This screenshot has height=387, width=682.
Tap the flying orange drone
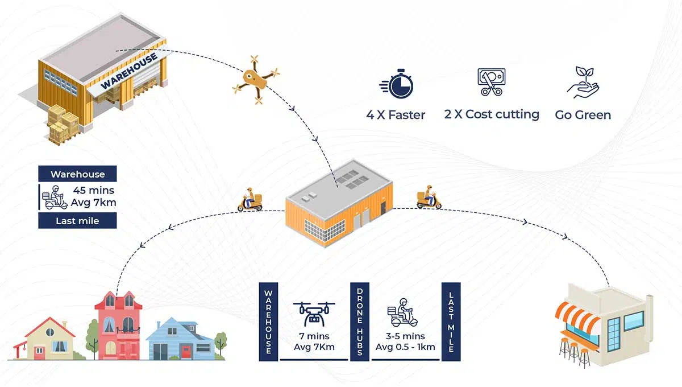click(256, 80)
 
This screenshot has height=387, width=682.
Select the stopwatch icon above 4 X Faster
click(396, 84)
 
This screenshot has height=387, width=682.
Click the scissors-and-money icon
click(492, 82)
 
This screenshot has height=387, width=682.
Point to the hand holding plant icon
click(583, 83)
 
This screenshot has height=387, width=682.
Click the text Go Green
click(583, 115)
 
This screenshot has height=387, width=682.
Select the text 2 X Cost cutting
click(492, 114)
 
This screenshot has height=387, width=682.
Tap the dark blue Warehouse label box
click(77, 174)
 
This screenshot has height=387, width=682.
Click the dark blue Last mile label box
click(77, 220)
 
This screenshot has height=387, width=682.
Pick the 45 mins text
click(93, 190)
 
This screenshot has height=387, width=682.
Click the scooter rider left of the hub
click(250, 199)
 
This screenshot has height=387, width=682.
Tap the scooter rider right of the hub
click(429, 197)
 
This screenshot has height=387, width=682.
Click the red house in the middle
click(118, 326)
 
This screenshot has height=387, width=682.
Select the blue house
click(180, 339)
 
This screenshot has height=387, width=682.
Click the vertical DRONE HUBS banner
click(360, 322)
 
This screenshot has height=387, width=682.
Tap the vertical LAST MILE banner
click(451, 322)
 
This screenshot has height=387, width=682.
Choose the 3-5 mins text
click(405, 336)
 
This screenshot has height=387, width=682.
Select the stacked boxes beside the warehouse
click(63, 125)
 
